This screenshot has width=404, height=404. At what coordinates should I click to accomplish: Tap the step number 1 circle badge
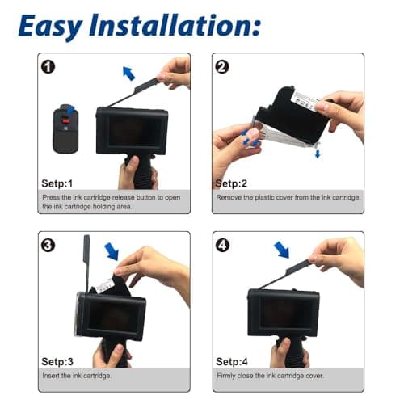coord(48,67)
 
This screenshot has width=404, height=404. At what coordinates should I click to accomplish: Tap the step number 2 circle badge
coord(222,67)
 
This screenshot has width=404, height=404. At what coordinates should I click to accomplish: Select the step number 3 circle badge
coord(48,245)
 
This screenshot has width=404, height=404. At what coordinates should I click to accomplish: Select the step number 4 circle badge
coord(222,245)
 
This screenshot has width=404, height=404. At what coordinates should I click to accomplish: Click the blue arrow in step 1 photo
coord(128,74)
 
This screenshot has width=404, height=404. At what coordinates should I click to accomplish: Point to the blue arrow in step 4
coord(280,249)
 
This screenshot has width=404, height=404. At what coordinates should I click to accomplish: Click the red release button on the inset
coord(64,124)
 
